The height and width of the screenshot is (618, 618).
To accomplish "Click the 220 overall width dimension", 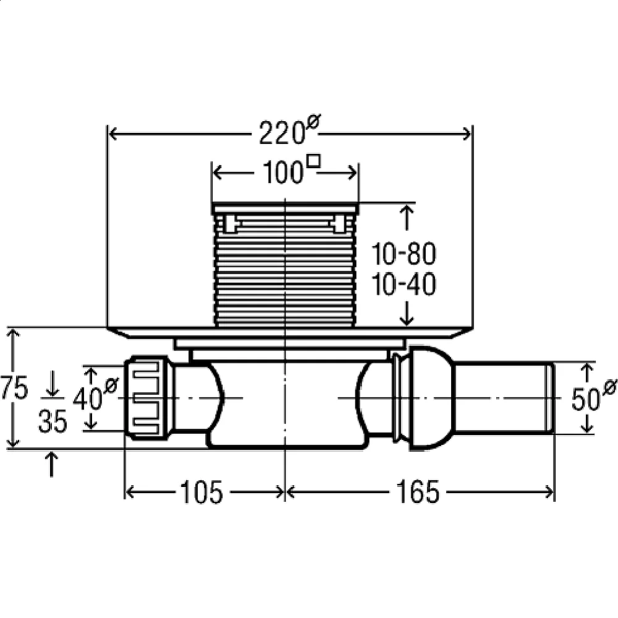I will point(281,133).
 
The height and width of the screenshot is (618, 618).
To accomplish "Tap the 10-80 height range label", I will point(404,253).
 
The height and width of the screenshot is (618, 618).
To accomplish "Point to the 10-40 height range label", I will point(404,285).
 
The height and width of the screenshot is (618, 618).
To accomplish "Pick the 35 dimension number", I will point(52,423).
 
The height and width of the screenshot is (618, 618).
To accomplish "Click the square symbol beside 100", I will point(315,163).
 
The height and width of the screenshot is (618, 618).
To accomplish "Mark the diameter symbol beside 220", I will point(313,123).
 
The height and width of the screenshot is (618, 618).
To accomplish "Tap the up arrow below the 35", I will point(52,463).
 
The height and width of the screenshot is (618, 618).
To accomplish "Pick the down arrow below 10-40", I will point(407,315).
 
